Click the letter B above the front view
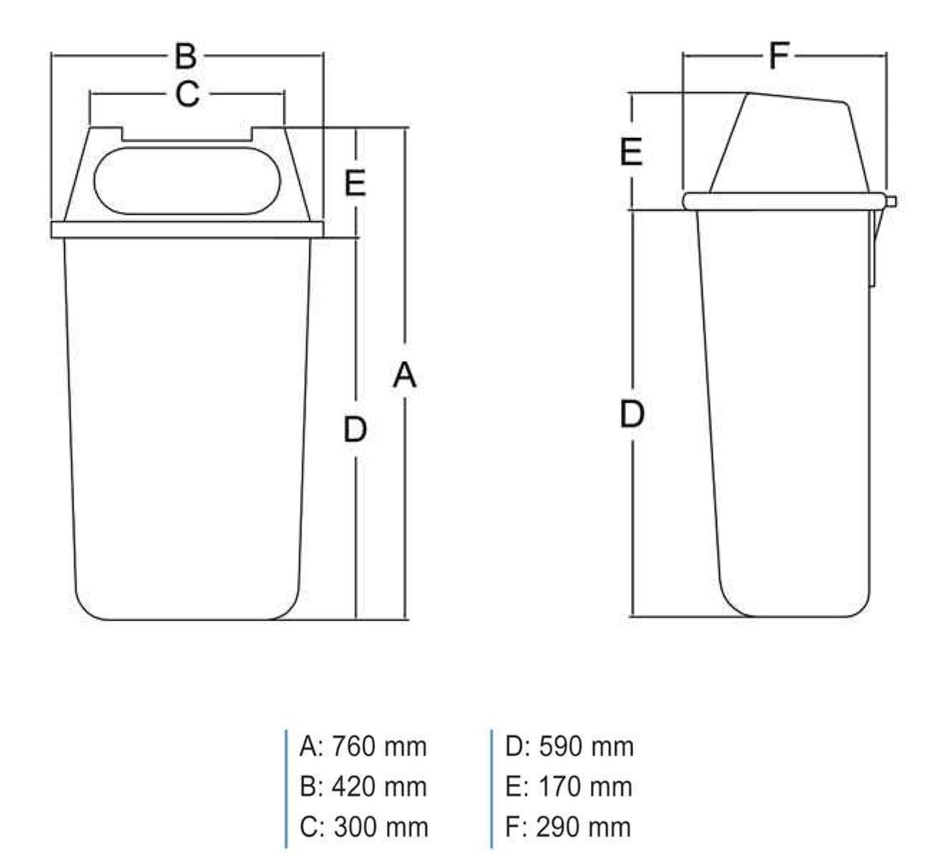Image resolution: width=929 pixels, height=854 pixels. pos(186,56)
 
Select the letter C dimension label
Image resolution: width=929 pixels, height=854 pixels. pos(187,94)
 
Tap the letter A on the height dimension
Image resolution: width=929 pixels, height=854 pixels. pos(405,376)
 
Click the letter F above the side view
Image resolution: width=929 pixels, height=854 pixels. pos(780,56)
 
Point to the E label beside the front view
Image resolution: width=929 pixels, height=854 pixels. pos(355,183)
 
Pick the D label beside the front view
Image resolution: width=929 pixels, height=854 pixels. pos(355,429)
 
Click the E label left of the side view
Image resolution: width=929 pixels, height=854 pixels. pos(631,152)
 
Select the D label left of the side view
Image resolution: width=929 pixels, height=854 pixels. pos(632,414)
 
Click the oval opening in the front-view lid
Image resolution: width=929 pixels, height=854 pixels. pos(187,181)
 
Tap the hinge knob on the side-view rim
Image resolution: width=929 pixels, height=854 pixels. pos(891,202)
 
